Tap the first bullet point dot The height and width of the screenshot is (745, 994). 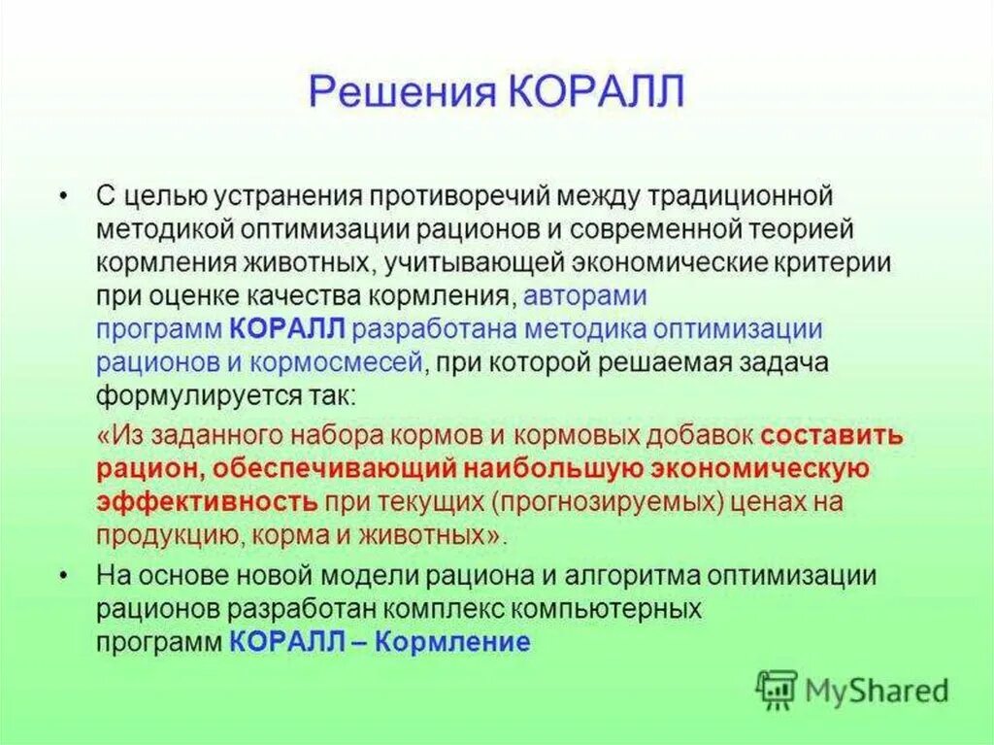coord(63,196)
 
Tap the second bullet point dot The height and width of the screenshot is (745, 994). coord(63,576)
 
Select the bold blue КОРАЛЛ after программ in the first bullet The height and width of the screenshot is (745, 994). coord(287,329)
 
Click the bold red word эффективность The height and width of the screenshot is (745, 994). coord(207,502)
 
